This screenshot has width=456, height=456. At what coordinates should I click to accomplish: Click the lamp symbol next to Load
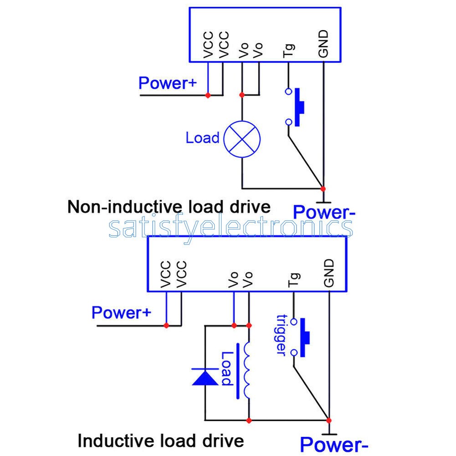(242, 139)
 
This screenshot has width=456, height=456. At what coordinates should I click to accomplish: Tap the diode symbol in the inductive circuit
(205, 377)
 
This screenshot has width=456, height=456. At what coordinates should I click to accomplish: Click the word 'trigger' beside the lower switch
(281, 335)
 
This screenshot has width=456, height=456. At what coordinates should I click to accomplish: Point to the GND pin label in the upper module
(323, 44)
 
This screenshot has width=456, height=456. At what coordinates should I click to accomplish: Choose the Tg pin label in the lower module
(294, 280)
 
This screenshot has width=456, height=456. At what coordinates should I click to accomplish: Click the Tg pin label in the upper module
(289, 51)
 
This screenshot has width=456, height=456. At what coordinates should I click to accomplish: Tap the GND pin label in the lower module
(329, 273)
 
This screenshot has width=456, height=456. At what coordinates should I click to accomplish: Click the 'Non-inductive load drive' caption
(169, 207)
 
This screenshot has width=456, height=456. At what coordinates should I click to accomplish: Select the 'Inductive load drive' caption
(161, 440)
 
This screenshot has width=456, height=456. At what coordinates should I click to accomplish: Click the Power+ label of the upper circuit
(167, 83)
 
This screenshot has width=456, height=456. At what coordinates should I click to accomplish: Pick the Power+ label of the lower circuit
(121, 313)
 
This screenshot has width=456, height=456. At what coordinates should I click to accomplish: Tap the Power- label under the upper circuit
(324, 212)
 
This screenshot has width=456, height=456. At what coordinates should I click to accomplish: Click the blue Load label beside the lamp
(203, 138)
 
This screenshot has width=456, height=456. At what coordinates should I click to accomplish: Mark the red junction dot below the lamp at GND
(323, 189)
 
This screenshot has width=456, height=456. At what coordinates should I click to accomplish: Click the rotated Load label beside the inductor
(227, 369)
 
